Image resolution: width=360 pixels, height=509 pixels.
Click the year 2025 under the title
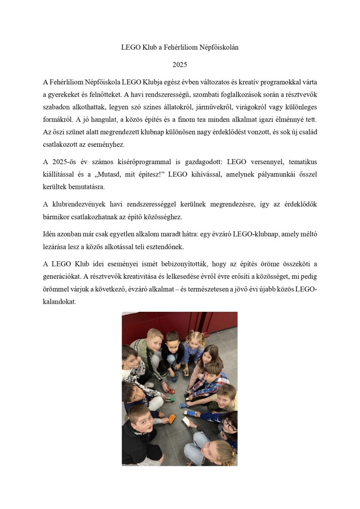pyautogui.click(x=179, y=65)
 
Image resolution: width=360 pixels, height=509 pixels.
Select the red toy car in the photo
pyautogui.click(x=170, y=390)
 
